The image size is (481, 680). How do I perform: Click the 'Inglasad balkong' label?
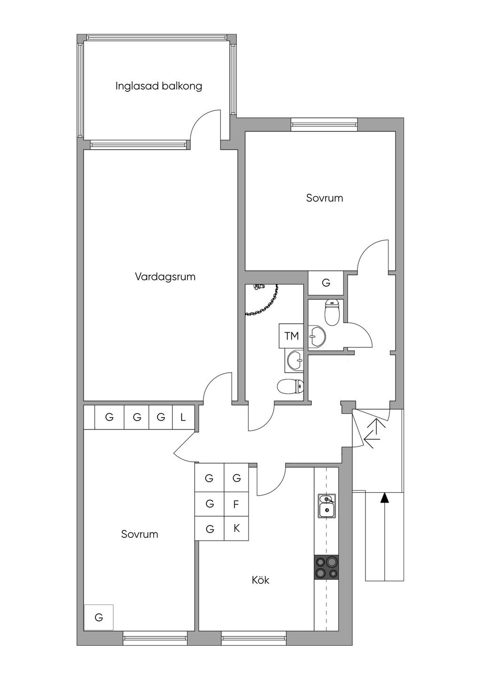159,86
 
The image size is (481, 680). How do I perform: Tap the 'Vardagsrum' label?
165,277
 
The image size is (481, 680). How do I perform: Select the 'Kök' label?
260,580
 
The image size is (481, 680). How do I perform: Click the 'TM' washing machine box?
292,336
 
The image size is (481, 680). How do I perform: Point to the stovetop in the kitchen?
326,567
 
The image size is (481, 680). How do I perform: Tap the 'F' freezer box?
236,504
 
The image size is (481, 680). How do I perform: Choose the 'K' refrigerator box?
236,528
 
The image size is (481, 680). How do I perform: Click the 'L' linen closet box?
183,417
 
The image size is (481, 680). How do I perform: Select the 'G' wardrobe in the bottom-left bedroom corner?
99,617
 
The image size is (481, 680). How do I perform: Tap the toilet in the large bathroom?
290,387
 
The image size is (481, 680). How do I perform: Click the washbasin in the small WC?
317,336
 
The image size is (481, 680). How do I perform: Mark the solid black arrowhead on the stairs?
385,497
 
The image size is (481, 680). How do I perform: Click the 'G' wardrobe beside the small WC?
326,283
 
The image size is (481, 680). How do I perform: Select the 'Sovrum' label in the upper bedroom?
324,198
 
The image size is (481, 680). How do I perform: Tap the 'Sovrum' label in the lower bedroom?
140,534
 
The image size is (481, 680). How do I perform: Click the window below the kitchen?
254,638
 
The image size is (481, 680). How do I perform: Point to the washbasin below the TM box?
295,361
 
